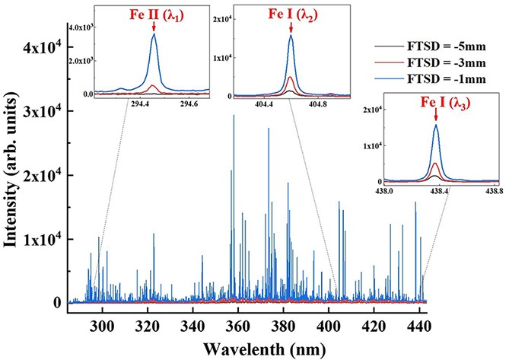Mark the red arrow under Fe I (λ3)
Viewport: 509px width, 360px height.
435,116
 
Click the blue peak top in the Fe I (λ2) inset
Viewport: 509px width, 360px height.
291,35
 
